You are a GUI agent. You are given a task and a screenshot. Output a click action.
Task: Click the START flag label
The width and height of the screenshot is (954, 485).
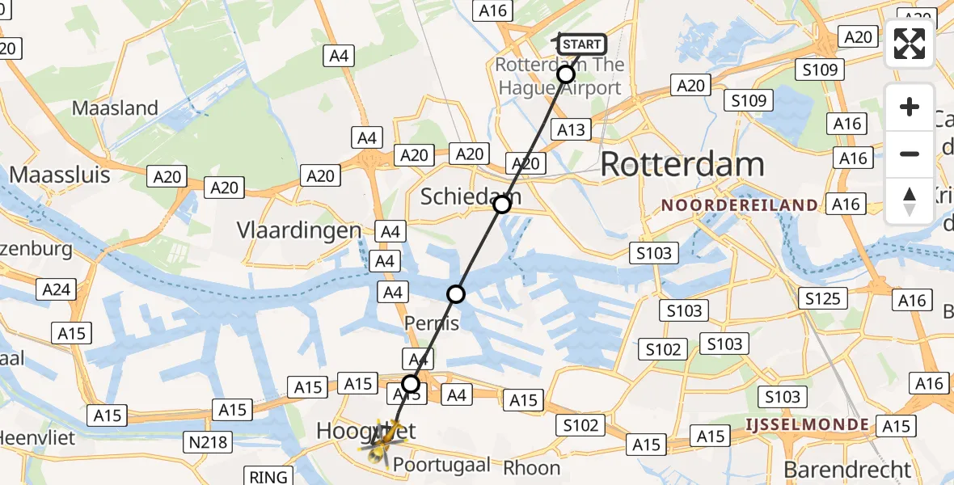(581, 44)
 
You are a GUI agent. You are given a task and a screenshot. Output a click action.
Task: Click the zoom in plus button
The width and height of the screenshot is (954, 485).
(910, 108)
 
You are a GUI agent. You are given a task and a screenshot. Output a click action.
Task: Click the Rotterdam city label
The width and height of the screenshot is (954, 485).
(682, 165)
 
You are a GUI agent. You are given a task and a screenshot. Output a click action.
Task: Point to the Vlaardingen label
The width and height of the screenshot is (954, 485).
(298, 230)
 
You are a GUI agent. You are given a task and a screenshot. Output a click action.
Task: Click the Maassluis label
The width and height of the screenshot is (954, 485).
(60, 174)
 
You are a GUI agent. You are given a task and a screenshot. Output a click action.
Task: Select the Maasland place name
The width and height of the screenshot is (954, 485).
(115, 108)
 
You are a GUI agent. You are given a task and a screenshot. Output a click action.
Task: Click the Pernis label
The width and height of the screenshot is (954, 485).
(431, 324)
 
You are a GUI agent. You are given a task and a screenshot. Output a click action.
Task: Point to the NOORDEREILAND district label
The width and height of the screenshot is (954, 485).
(740, 205)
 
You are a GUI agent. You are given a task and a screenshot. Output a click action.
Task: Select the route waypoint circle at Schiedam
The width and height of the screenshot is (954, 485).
(502, 205)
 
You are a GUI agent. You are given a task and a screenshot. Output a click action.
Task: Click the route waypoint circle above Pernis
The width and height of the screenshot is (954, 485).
(456, 293)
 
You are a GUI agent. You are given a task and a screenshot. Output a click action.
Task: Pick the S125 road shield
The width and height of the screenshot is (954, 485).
(823, 299)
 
